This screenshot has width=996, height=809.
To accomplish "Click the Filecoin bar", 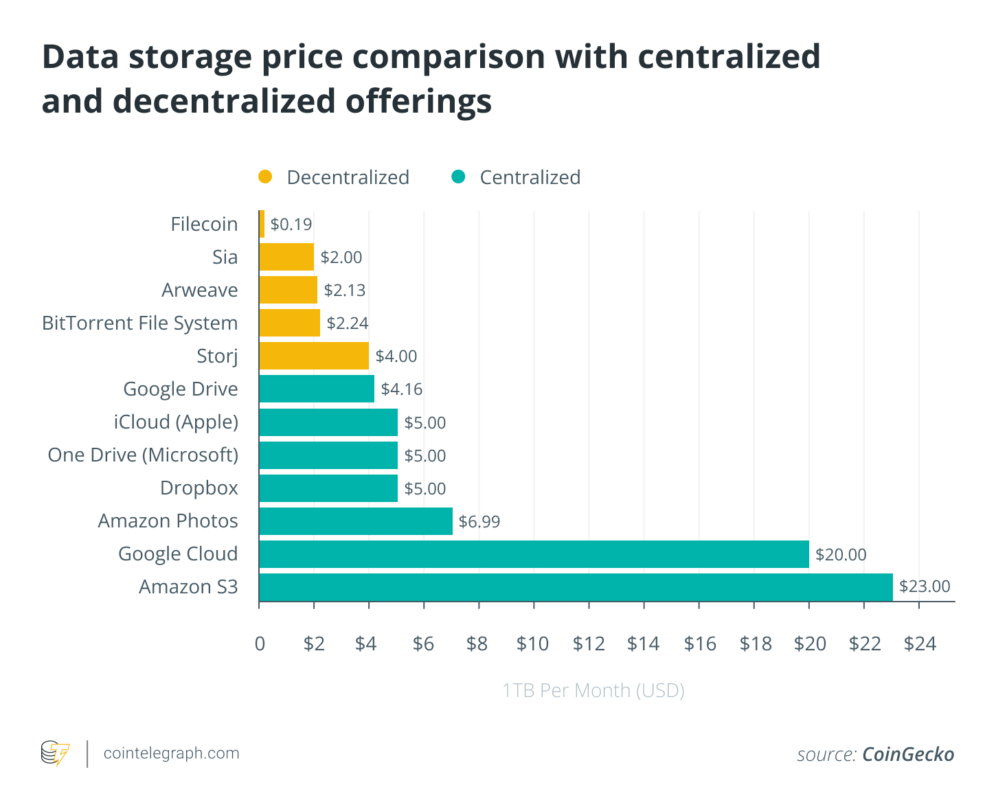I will point(262,224).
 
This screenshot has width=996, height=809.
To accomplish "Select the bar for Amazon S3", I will point(576,587).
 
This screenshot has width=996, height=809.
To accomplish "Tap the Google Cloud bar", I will point(534,554).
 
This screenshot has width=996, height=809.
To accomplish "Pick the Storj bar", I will point(314,356).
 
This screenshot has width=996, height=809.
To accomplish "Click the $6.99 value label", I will point(479,522).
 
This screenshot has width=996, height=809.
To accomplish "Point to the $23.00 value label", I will point(925,586).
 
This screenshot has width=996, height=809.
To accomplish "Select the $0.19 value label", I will point(291,225).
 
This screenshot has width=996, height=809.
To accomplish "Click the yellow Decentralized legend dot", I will point(265,177).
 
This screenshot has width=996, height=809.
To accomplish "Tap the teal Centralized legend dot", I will point(458,177).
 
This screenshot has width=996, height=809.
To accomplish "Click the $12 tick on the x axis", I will point(589,643).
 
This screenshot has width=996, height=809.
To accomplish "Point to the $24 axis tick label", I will point(920,643).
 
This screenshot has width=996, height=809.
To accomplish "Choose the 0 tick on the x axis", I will point(260,643).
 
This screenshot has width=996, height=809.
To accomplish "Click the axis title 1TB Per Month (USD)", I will point(593,690).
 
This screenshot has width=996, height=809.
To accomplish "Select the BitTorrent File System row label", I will point(140,323).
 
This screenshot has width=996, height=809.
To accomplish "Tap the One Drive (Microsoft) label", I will point(143,455).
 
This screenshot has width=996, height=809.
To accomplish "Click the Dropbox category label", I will point(199,488).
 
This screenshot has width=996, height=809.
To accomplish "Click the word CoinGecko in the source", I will point(908,754).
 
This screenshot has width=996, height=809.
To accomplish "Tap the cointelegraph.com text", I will point(172,753).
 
